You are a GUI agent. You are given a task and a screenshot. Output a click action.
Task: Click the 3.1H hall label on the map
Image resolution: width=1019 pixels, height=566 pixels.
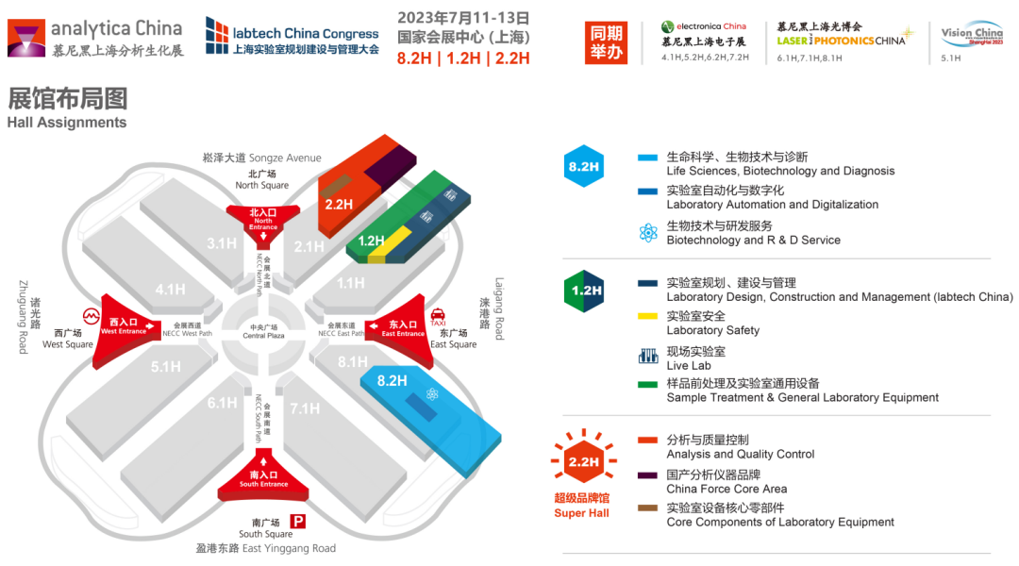point(222,243)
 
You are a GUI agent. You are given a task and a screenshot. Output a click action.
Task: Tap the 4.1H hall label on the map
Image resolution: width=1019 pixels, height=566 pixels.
point(170,290)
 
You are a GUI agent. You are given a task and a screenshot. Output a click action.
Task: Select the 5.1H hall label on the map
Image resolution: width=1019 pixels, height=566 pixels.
point(166,366)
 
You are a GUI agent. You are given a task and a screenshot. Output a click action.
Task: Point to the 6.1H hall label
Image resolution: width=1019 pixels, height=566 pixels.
point(222,403)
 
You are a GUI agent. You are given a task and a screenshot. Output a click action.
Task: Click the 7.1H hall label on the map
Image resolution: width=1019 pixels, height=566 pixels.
point(306,408)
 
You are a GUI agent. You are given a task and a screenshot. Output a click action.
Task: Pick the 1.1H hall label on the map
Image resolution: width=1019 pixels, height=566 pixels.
point(350,283)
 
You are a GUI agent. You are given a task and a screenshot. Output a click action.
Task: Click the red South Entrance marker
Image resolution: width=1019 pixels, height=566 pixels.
point(263,478)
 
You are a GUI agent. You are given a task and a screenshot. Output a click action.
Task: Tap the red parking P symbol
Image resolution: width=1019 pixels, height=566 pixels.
point(298,521)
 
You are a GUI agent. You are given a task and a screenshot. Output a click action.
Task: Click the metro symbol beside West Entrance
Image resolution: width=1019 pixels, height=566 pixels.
point(92,315)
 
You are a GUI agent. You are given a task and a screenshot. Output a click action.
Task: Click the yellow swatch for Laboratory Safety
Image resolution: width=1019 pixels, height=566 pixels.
point(648,316)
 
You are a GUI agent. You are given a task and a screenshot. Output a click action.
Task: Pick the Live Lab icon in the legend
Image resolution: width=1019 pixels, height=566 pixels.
point(648,356)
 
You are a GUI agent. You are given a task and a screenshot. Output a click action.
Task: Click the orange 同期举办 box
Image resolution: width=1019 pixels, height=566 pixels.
point(607,42)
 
